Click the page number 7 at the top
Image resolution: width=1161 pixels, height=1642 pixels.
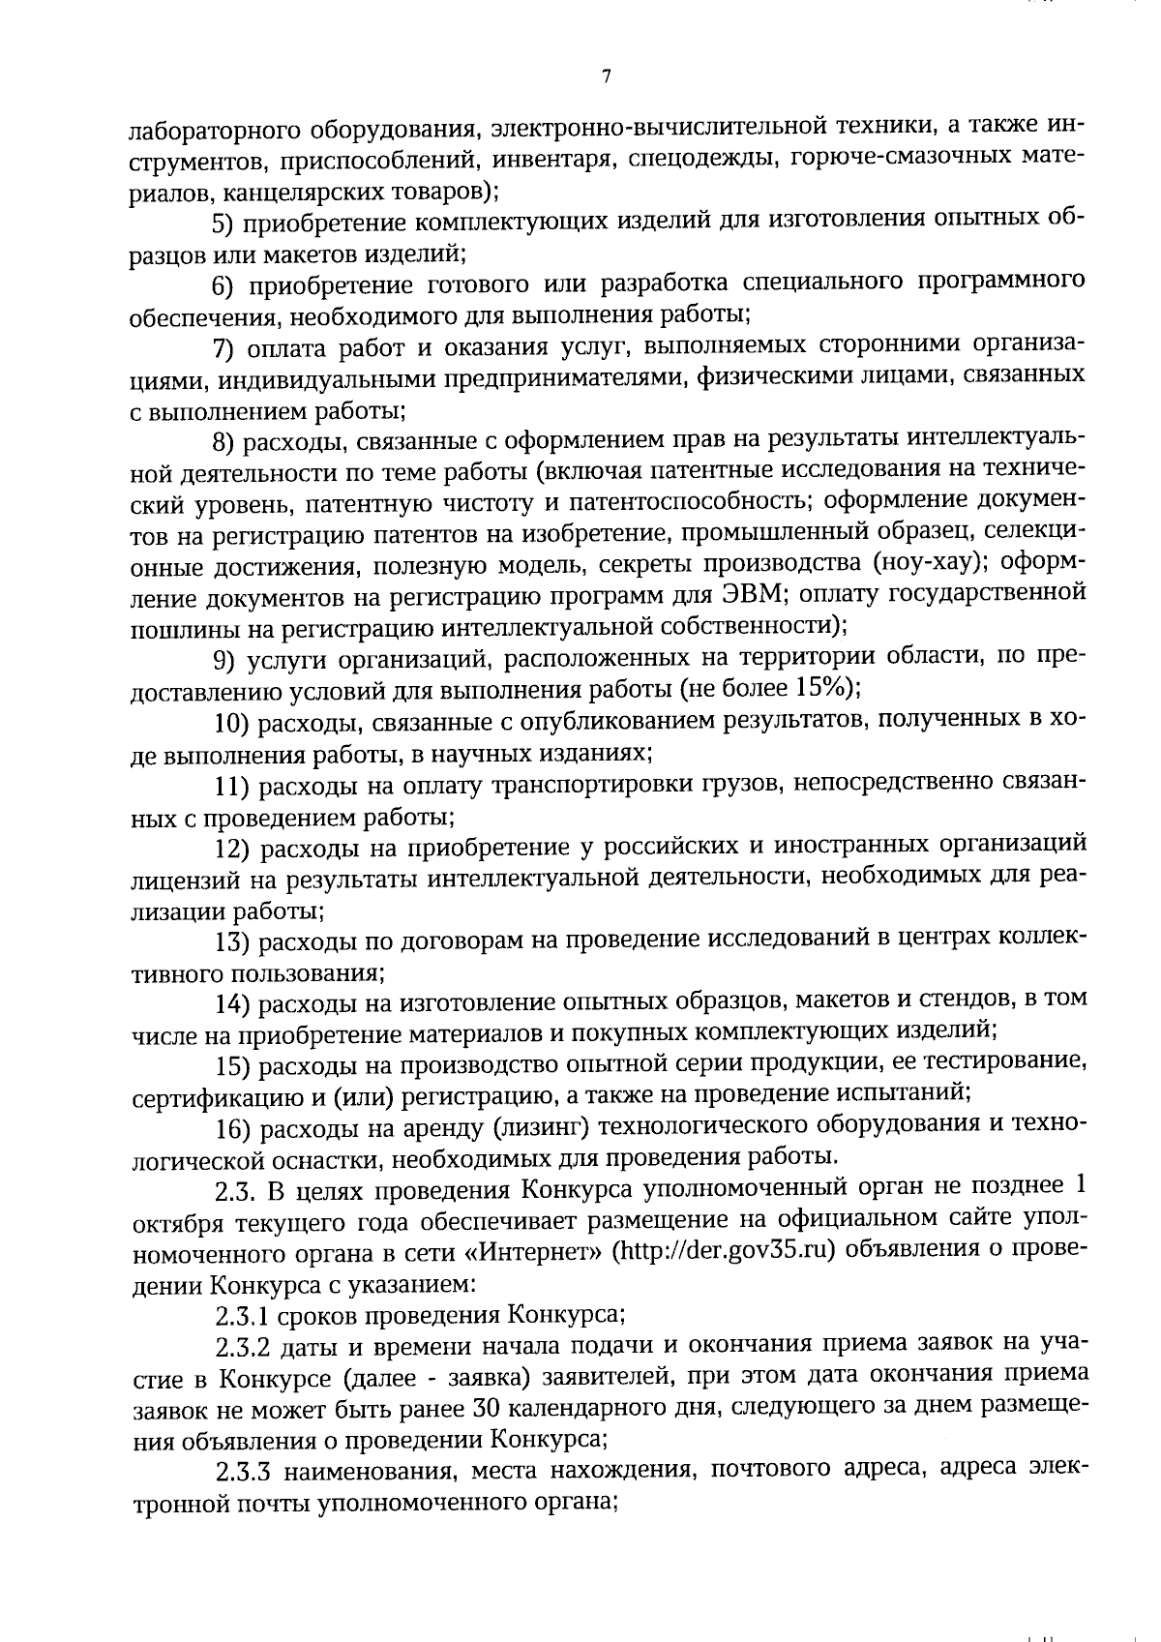(x=605, y=77)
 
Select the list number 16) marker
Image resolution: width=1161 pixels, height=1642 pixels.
(x=233, y=1125)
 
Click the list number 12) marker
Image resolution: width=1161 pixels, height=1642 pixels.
(x=233, y=847)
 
